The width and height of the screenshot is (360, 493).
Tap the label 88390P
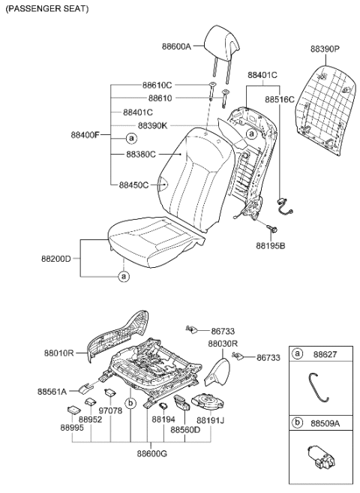click(325, 49)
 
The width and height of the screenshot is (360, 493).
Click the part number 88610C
click(157, 85)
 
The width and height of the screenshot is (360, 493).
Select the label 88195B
click(270, 245)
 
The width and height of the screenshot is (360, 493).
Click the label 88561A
click(52, 391)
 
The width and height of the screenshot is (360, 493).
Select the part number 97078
click(110, 411)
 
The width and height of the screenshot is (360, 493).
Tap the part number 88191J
click(211, 420)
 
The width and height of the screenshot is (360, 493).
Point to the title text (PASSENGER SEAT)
click(46, 9)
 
